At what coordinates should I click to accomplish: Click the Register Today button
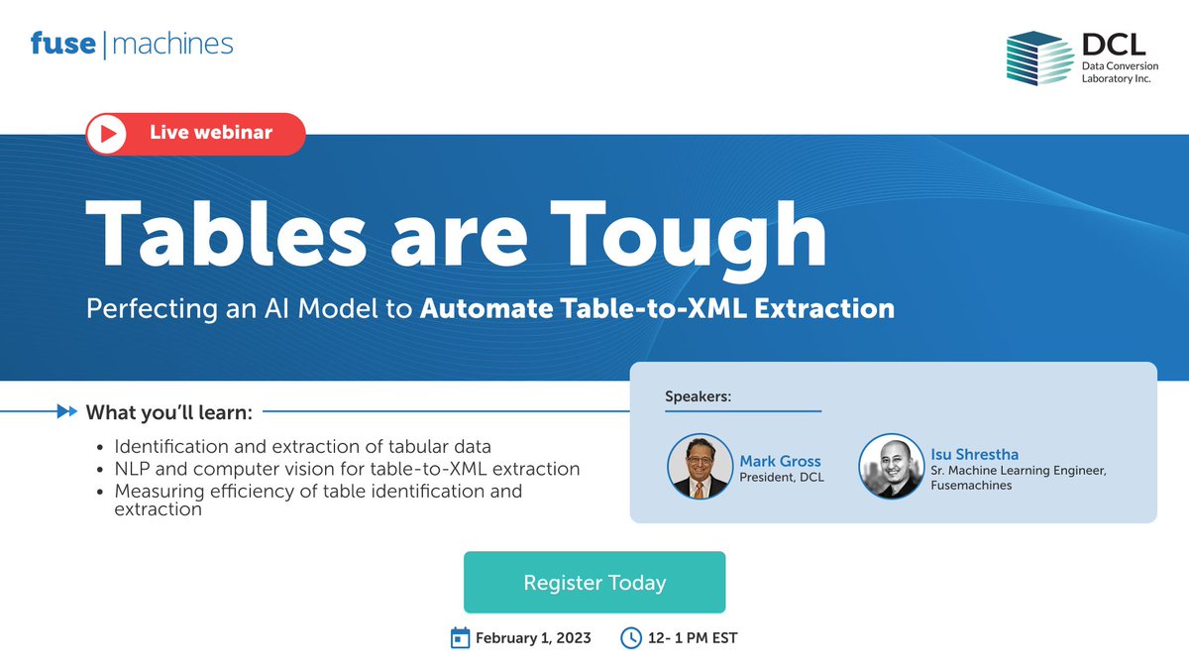point(594,583)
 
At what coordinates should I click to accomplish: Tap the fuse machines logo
point(132,44)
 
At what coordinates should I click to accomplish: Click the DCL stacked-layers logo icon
point(1038,57)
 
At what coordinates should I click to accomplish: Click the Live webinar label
point(210,132)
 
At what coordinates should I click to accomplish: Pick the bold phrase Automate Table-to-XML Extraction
point(657,308)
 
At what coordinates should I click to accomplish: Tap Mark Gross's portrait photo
point(702,465)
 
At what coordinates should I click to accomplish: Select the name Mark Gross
point(780,461)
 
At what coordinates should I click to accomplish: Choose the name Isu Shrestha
point(974,454)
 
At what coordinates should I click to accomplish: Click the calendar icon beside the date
point(460,637)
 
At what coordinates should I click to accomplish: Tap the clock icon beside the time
point(630,637)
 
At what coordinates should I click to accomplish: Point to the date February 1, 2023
point(533,637)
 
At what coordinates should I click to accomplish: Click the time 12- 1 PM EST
point(693,637)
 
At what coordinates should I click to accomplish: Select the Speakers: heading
point(698,396)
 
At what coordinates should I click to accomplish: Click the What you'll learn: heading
point(169,411)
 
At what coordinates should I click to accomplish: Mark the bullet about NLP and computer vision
point(347,468)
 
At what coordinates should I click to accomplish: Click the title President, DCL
point(781,478)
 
